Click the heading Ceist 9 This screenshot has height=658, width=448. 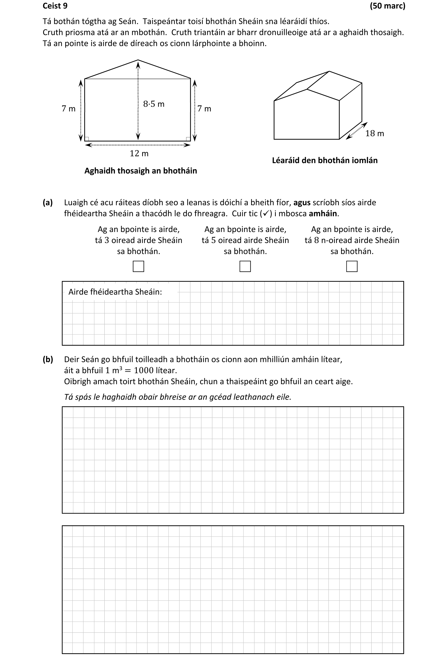point(55,6)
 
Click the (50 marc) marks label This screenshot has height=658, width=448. point(387,6)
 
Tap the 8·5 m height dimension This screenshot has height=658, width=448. point(154,104)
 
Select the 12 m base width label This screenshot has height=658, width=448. point(139,153)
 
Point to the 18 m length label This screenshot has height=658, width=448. point(374,133)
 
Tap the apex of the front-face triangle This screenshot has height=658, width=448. point(138,60)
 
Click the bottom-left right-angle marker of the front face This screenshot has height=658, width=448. point(87,139)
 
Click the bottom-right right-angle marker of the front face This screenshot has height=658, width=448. point(188,139)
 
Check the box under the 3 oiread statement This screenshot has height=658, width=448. point(138,266)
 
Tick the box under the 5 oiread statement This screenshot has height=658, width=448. point(245,266)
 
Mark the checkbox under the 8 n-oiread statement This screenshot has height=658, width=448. point(352,266)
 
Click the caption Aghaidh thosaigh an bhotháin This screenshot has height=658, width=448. point(140,171)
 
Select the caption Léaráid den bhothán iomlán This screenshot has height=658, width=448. point(325,160)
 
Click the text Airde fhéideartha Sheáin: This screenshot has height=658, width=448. point(115,292)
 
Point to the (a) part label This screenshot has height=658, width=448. point(48,202)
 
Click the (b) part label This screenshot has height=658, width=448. point(48,359)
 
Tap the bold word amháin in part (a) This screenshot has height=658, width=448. point(323,214)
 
